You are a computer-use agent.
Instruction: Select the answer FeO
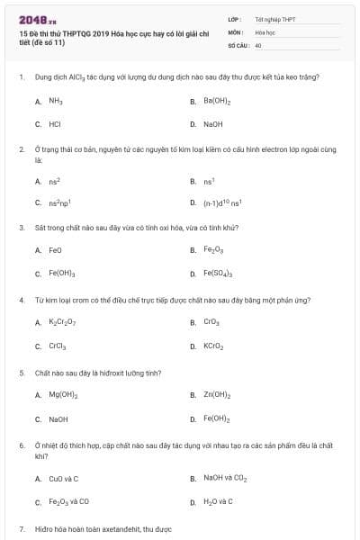click(x=55, y=250)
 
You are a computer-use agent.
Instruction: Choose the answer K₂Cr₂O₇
click(x=62, y=321)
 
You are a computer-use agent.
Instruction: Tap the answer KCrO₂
click(x=213, y=345)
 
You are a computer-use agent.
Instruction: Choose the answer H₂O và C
click(x=218, y=501)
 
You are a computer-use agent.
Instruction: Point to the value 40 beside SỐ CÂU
click(x=258, y=44)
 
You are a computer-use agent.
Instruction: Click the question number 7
click(x=21, y=529)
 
